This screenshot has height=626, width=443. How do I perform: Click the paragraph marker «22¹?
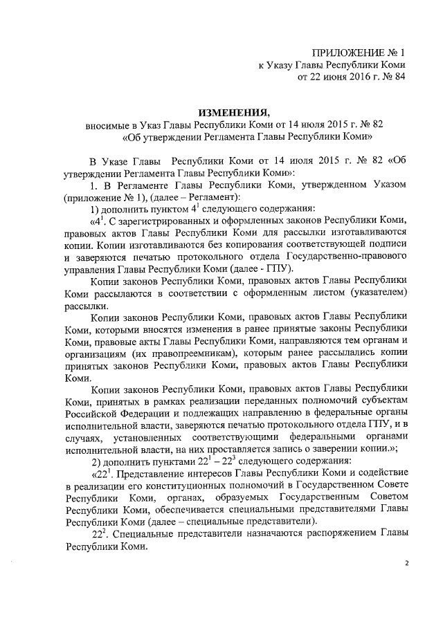(x=102, y=475)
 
